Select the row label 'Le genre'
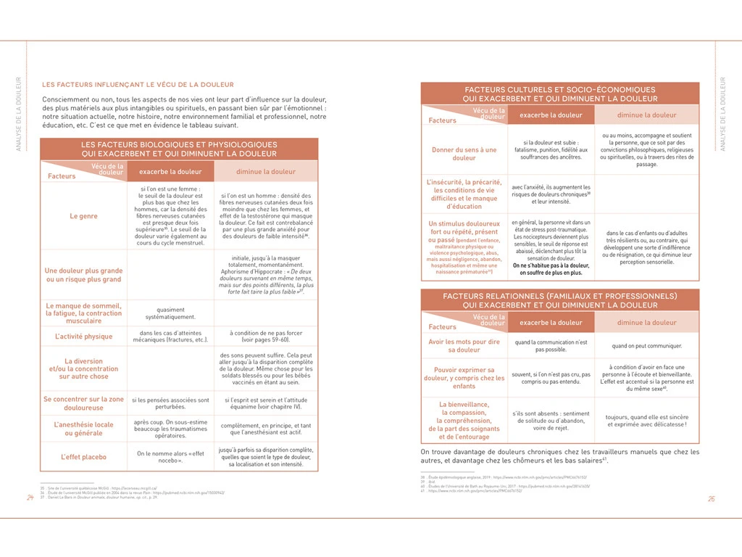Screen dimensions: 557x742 [x=83, y=216]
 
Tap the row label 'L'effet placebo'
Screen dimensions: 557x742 [x=83, y=457]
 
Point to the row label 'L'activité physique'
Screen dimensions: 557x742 [x=83, y=337]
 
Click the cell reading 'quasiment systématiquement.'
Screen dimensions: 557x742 [x=170, y=313]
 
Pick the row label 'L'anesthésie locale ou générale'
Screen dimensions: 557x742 [x=83, y=429]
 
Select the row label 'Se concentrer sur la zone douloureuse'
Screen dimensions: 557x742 [x=83, y=403]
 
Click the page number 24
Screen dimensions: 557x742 [x=30, y=498]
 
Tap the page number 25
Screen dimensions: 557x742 [x=712, y=498]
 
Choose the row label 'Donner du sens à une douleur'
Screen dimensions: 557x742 [x=464, y=154]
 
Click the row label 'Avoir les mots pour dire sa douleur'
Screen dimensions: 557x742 [x=464, y=345]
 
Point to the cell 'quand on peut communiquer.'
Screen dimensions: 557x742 [x=646, y=346]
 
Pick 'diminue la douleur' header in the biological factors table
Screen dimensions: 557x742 [x=266, y=172]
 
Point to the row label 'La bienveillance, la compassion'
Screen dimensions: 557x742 [x=464, y=421]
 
